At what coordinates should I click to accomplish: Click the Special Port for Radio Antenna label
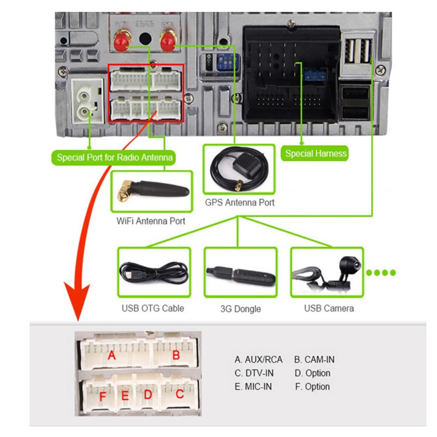point(115,158)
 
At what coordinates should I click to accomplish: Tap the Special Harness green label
point(315,153)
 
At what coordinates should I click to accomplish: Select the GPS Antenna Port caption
point(239,203)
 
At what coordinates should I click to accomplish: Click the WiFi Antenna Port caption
point(150,221)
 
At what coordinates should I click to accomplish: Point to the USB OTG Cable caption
point(153,308)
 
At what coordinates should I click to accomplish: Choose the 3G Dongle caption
point(240,309)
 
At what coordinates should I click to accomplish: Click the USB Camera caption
point(328,308)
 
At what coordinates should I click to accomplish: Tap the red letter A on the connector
point(112,356)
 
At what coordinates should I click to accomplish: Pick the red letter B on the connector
point(176,356)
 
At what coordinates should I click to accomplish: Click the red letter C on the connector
point(179,394)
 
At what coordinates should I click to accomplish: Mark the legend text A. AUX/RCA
point(258,359)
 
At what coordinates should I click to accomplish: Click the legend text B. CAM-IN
point(314,359)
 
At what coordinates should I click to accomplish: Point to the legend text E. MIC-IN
point(253,386)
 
